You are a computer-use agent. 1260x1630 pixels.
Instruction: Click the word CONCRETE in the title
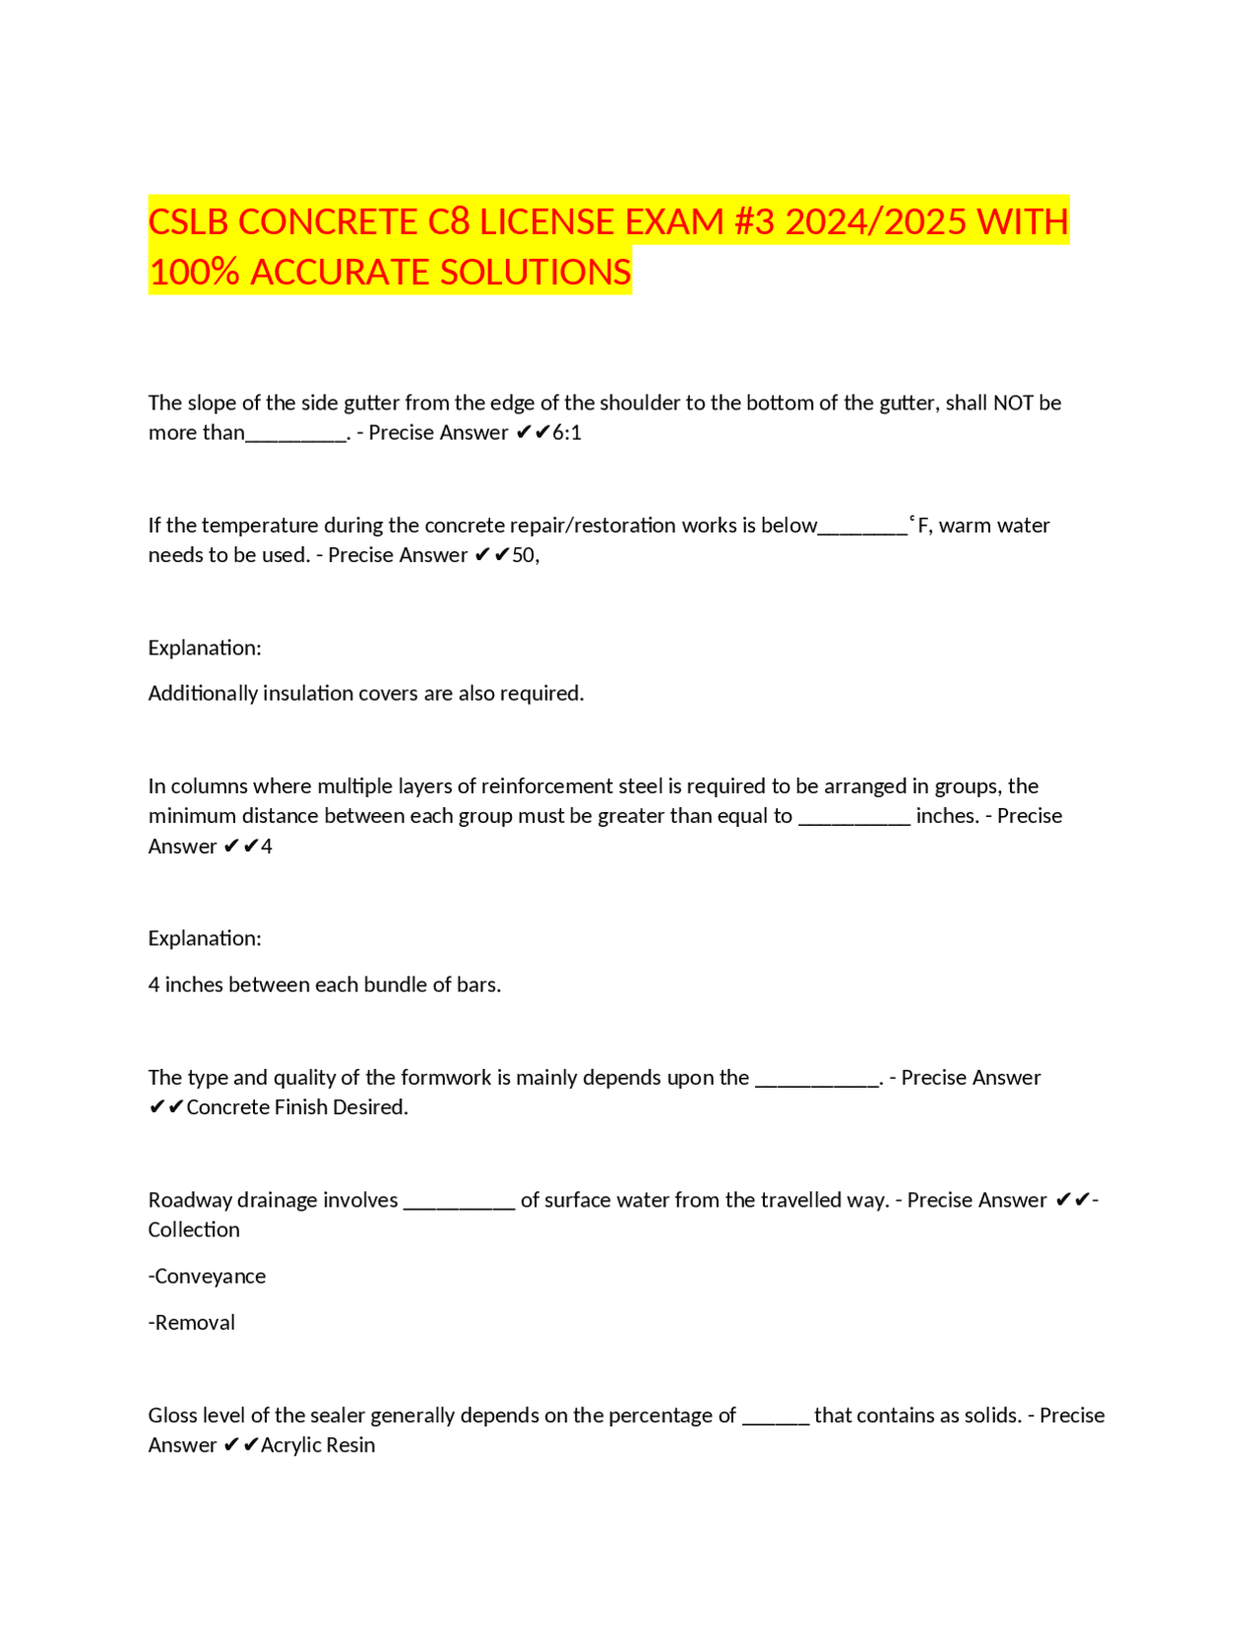pos(327,221)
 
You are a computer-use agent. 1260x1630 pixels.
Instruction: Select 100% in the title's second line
pos(194,272)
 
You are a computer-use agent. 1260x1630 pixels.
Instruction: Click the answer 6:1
pos(567,433)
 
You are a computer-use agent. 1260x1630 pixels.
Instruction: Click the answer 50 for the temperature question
pos(524,555)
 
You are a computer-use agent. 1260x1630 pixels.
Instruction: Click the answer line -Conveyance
pos(207,1277)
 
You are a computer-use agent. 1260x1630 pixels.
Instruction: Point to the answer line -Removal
pos(191,1323)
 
